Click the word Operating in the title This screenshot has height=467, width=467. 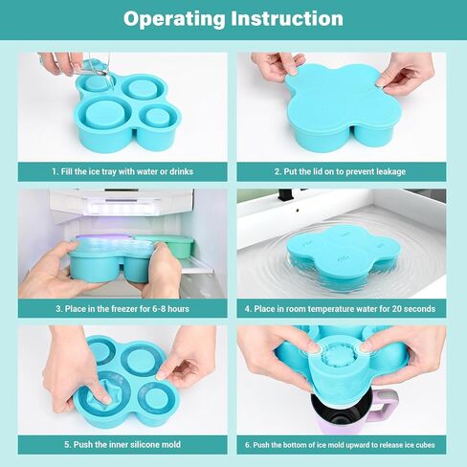(174, 19)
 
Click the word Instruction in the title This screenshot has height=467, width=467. (287, 18)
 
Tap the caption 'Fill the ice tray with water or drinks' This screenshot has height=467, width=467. (122, 171)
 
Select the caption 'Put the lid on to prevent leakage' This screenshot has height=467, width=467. (340, 171)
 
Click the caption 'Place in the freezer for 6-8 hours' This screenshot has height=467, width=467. (122, 309)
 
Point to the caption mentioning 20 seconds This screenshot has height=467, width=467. (340, 309)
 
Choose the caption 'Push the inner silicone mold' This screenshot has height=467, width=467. (122, 444)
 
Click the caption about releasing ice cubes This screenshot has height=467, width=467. (340, 445)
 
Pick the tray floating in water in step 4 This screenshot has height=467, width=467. (340, 256)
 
